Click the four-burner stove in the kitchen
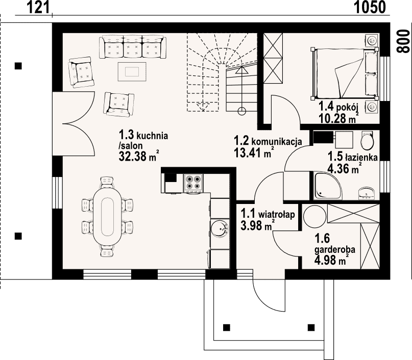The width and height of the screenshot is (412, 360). [x=193, y=182]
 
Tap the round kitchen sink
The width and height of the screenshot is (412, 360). [x=220, y=228]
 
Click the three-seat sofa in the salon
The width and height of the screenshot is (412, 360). [x=133, y=47]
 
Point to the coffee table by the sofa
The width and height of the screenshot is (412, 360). [x=132, y=71]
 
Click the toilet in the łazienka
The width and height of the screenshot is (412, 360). [x=368, y=140]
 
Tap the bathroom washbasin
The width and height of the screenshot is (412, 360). [x=367, y=193]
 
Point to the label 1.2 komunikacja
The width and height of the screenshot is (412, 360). [x=268, y=141]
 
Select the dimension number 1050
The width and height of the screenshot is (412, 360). [x=370, y=7]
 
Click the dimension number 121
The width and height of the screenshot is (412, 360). [x=38, y=7]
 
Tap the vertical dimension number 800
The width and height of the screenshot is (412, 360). [x=403, y=41]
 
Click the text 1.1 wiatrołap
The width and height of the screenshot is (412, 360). [x=268, y=214]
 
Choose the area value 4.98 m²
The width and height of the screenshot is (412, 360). [x=332, y=260]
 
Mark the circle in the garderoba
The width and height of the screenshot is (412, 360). [x=314, y=216]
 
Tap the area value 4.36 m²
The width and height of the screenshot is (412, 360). [x=344, y=168]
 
